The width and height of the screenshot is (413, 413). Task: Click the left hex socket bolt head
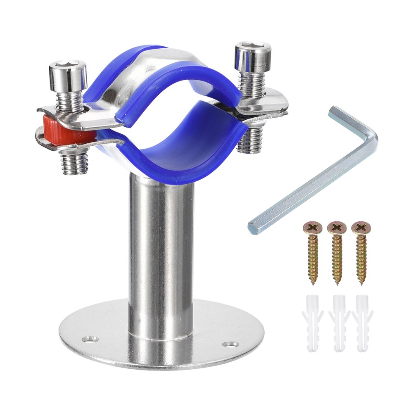(68, 74)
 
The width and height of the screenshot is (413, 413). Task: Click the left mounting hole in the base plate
(90, 339)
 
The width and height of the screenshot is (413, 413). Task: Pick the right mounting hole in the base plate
(229, 344)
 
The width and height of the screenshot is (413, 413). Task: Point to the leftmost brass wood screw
(312, 252)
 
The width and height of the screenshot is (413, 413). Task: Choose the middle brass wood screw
(337, 252)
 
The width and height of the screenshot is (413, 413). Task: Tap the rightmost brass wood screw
(361, 252)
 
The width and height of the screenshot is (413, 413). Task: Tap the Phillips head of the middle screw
(337, 227)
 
